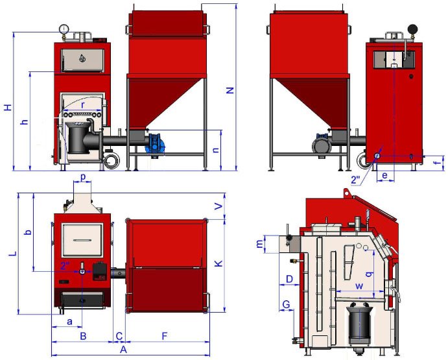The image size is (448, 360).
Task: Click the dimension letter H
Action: tap(8, 108)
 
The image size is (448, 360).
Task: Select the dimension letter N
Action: tap(230, 90)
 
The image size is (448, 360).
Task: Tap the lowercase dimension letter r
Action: tap(83, 105)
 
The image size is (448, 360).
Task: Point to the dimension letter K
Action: tap(218, 263)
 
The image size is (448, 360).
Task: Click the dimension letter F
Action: tap(164, 336)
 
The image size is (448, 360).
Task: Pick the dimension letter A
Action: tap(123, 350)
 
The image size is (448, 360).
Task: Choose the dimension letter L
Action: tap(14, 254)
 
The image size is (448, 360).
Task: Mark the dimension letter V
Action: tap(218, 206)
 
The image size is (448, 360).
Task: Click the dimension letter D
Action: tap(289, 279)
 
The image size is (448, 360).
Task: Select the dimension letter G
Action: tap(286, 304)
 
